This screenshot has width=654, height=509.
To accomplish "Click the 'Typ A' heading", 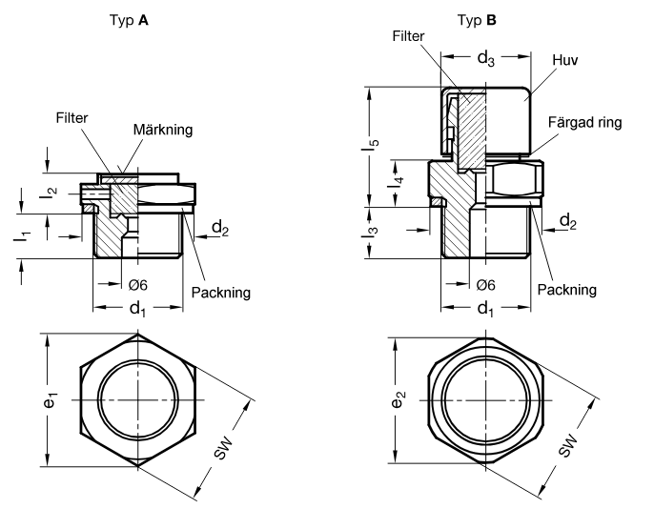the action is click(x=129, y=20).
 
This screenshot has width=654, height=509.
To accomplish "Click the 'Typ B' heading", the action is click(x=477, y=20).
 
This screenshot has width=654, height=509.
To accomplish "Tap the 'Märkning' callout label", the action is click(x=163, y=130).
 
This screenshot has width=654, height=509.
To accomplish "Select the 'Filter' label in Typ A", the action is click(x=72, y=118).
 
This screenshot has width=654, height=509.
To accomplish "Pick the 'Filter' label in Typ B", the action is click(x=408, y=36).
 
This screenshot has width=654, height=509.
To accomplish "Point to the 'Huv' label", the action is click(x=565, y=60).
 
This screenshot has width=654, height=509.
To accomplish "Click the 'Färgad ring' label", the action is click(x=584, y=123).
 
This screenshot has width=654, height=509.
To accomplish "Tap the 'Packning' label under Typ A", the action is click(x=220, y=293).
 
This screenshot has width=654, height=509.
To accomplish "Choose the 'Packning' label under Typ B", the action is click(x=567, y=290).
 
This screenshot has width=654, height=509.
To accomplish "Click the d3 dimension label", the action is click(x=486, y=58).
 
